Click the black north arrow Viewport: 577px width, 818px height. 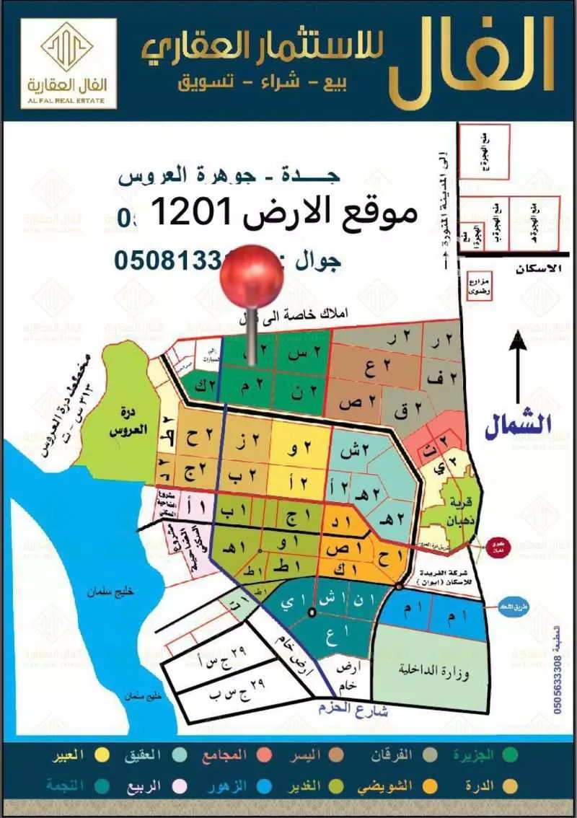[518, 368]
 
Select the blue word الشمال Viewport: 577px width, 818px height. [518, 426]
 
